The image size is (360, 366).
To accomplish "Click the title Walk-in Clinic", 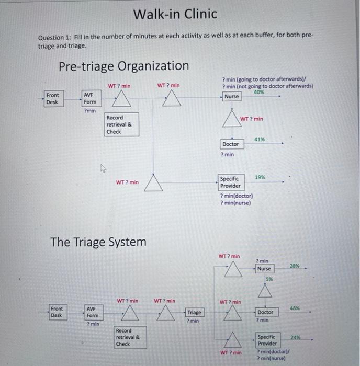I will click(175, 14).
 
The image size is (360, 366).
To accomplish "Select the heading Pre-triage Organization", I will click(123, 66).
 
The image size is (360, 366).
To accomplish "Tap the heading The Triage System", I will click(98, 242).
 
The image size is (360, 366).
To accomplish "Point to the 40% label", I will click(258, 92).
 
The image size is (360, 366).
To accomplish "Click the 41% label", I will click(259, 139).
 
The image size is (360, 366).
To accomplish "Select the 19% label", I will click(260, 178).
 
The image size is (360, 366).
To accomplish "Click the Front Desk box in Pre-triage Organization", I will click(53, 98).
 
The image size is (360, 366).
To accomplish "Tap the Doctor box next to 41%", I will click(230, 144).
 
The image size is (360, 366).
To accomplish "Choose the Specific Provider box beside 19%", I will click(230, 182).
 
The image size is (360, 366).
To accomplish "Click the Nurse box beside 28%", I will click(264, 269).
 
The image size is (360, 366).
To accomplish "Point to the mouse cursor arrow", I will click(103, 168).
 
